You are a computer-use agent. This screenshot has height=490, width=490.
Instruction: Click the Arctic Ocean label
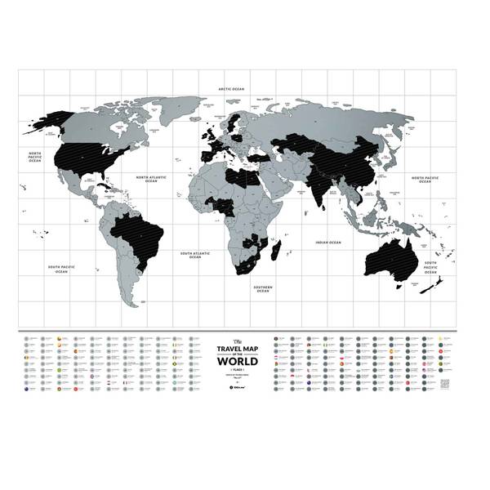231,87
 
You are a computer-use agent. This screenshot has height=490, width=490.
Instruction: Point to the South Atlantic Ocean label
196,256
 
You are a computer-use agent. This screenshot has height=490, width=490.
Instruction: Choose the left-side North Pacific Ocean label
35,157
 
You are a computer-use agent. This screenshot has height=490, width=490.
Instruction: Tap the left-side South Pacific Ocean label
62,268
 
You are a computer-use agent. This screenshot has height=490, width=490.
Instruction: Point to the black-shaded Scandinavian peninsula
235,123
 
